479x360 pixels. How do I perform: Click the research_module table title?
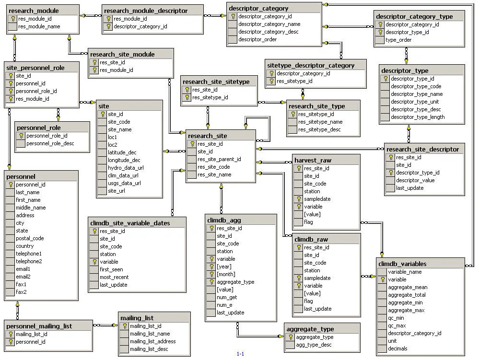pos(34,11)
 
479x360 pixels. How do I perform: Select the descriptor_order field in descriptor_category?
pos(257,39)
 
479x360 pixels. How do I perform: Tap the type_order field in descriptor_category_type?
pos(398,40)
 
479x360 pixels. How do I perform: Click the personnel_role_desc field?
pos(50,143)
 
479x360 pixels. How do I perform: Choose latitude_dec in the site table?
pos(122,152)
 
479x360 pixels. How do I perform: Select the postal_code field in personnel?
pos(30,238)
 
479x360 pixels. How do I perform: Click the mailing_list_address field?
pos(152,341)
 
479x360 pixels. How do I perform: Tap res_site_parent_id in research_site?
pos(219,159)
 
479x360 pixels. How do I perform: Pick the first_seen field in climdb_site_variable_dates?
pos(111,269)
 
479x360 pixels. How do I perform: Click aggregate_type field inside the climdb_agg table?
pos(235,282)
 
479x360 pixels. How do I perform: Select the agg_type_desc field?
pos(314,345)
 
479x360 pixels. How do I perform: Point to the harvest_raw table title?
pos(313,160)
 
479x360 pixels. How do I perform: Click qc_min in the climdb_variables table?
pos(396,318)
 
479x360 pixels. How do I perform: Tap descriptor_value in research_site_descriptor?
pos(415,180)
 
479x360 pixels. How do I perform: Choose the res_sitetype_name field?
pos(320,122)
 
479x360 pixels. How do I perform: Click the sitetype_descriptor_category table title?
pos(311,65)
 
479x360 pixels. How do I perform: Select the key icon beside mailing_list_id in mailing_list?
pos(124,326)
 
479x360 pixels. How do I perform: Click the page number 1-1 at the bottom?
pos(240,354)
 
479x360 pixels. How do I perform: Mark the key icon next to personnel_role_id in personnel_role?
pos(21,136)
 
